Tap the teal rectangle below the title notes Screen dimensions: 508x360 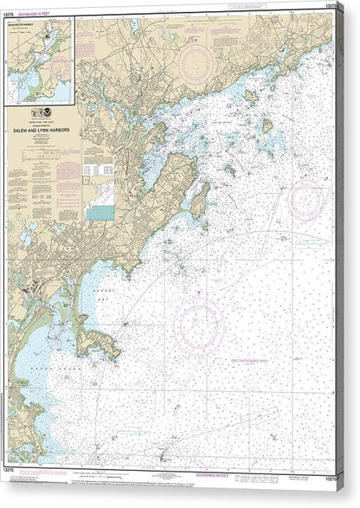coord(100,211)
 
